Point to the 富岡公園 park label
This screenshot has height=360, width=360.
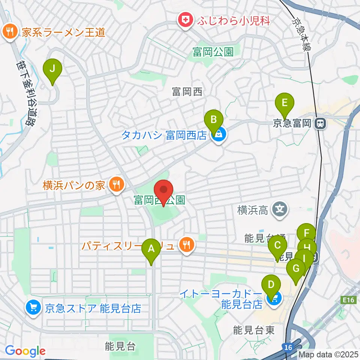click(213, 51)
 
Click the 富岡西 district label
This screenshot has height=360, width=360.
click(187, 92)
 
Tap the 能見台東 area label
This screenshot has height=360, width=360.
click(254, 330)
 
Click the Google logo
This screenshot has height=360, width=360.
click(25, 351)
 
